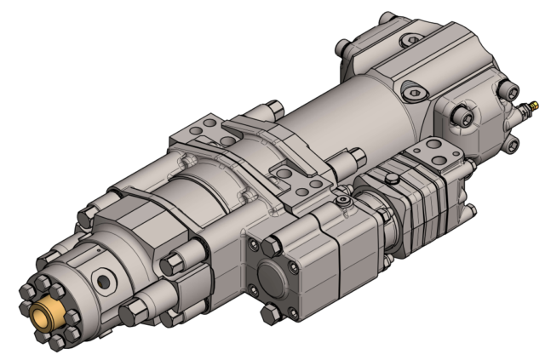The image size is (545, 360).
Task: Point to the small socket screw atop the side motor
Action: pos(341,201)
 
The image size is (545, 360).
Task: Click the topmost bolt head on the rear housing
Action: pos(388,18)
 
